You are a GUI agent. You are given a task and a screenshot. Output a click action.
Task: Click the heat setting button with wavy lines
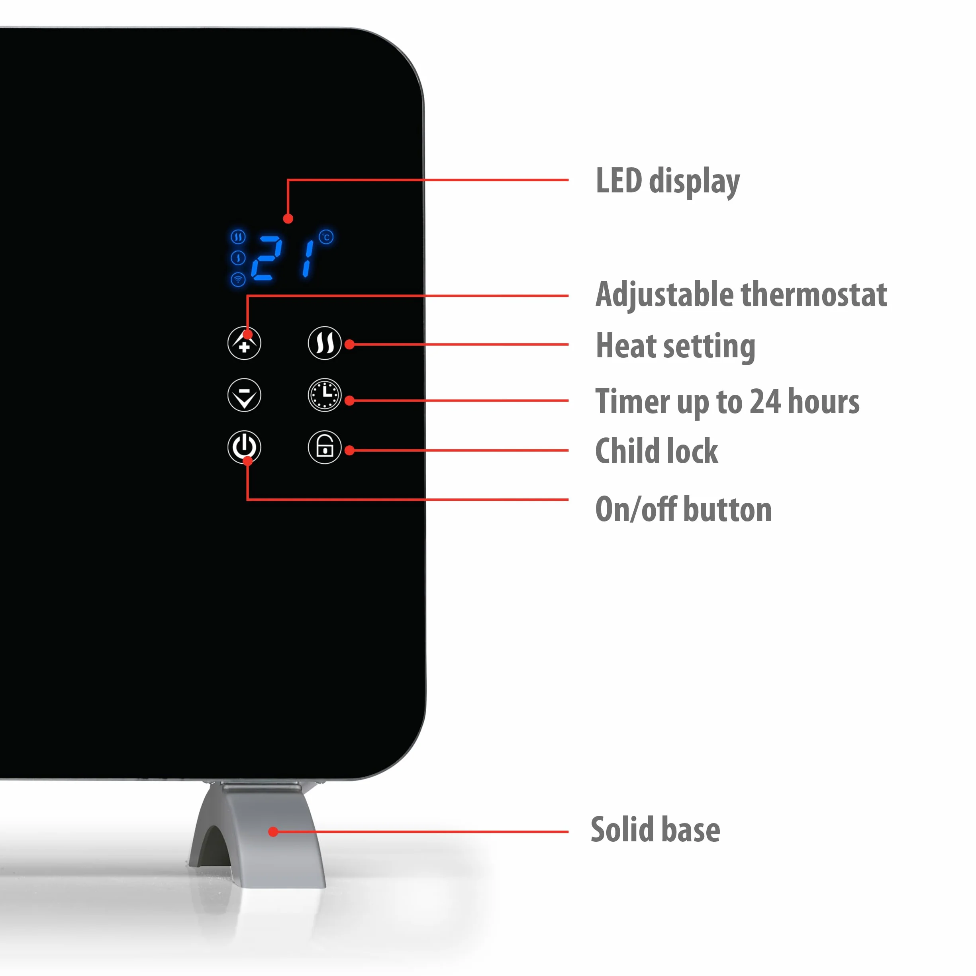(324, 343)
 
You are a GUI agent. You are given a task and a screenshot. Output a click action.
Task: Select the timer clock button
(324, 395)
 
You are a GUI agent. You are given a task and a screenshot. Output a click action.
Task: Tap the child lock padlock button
(324, 447)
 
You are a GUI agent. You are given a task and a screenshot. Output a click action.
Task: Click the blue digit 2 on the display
(266, 258)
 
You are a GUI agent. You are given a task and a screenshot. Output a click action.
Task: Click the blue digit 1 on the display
(308, 259)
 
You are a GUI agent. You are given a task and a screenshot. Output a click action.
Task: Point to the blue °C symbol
(326, 237)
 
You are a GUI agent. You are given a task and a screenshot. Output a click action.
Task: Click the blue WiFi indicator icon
(238, 279)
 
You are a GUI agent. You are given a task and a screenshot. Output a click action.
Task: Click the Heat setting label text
(675, 347)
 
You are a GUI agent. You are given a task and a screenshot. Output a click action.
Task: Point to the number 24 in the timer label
(765, 402)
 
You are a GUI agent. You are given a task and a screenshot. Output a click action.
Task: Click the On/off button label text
(684, 509)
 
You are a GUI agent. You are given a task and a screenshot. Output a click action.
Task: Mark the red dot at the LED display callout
(288, 219)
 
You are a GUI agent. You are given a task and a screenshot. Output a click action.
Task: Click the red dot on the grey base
(273, 831)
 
